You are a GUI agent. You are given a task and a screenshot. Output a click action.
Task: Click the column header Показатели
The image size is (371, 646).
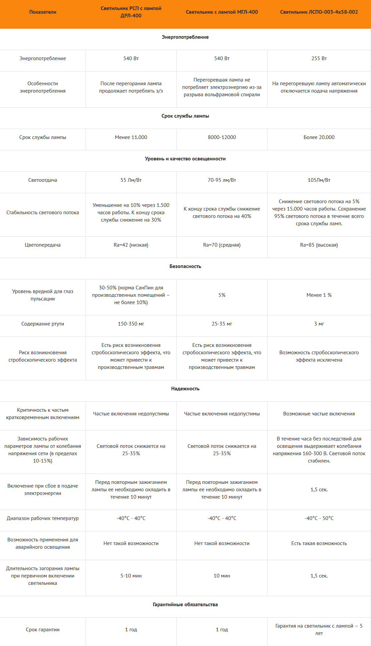click(43, 12)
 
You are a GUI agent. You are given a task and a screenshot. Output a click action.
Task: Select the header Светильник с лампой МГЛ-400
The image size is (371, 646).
click(222, 12)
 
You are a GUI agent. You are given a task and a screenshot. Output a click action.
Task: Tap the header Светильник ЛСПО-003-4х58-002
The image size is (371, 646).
click(319, 12)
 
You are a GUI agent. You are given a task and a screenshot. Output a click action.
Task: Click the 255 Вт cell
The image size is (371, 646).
click(319, 58)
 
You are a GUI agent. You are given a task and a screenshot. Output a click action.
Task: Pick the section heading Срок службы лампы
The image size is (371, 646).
click(185, 116)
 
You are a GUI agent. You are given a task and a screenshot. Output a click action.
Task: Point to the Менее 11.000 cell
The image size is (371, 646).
click(131, 137)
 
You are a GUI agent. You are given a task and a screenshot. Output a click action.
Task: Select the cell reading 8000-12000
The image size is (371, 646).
click(222, 137)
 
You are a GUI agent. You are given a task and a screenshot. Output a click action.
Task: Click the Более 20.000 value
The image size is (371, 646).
click(319, 137)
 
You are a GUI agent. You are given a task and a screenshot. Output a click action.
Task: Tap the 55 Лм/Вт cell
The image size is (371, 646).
click(131, 180)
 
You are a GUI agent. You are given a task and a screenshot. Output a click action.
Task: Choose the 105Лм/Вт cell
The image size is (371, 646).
click(319, 180)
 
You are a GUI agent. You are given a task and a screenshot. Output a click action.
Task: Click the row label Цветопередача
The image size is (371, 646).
click(43, 245)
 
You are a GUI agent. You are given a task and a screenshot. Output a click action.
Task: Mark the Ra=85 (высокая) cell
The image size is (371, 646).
click(319, 245)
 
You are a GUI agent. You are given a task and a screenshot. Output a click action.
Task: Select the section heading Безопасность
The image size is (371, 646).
click(185, 266)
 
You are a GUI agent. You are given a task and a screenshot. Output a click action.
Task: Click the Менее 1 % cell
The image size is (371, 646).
click(319, 295)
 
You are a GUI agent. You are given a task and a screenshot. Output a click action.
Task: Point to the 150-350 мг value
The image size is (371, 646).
click(131, 324)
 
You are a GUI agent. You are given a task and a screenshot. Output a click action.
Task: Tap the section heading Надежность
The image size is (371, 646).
click(185, 389)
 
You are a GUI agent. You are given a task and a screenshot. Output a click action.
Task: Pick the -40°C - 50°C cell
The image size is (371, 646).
click(319, 518)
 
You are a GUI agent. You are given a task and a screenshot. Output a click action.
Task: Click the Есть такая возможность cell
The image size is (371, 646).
click(319, 543)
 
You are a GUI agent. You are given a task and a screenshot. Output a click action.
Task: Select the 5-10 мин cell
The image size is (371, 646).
click(131, 576)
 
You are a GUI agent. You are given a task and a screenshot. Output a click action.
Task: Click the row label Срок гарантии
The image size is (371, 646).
click(43, 630)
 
